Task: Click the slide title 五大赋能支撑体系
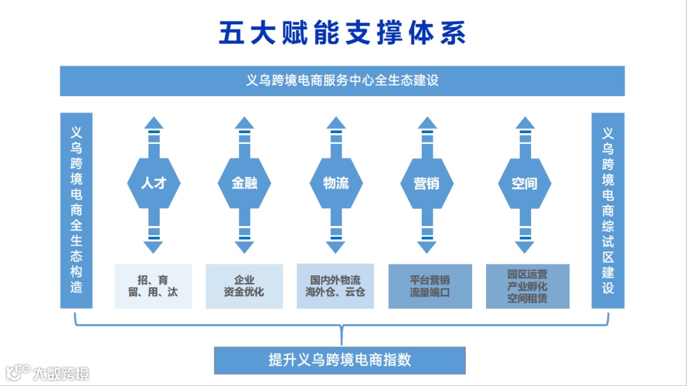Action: point(342,33)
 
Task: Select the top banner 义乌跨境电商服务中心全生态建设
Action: point(342,81)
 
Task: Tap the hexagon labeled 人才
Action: point(153,183)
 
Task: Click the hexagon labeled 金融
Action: point(244,183)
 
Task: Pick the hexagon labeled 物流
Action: point(335,183)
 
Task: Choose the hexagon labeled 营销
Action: point(426,183)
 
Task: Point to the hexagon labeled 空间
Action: point(524,183)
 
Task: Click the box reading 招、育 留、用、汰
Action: point(153,286)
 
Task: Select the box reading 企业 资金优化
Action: point(244,286)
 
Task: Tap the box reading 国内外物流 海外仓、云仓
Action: point(335,286)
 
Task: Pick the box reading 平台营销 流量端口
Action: point(430,286)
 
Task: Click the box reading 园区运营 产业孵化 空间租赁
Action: point(527,286)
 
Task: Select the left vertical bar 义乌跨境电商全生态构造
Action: point(76,210)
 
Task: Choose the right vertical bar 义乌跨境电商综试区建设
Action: point(608,210)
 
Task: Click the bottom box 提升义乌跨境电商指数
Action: point(340,360)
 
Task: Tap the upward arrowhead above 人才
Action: point(153,122)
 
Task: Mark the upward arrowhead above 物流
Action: point(335,122)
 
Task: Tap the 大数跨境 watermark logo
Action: point(48,373)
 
